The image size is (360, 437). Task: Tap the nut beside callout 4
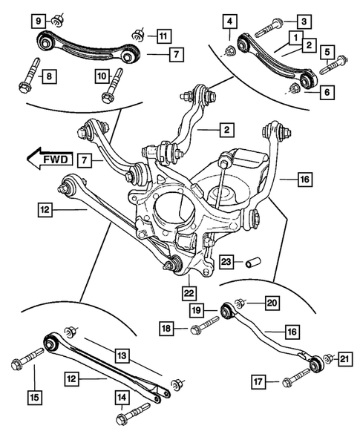tap(230, 50)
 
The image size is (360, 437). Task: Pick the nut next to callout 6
tap(294, 90)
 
